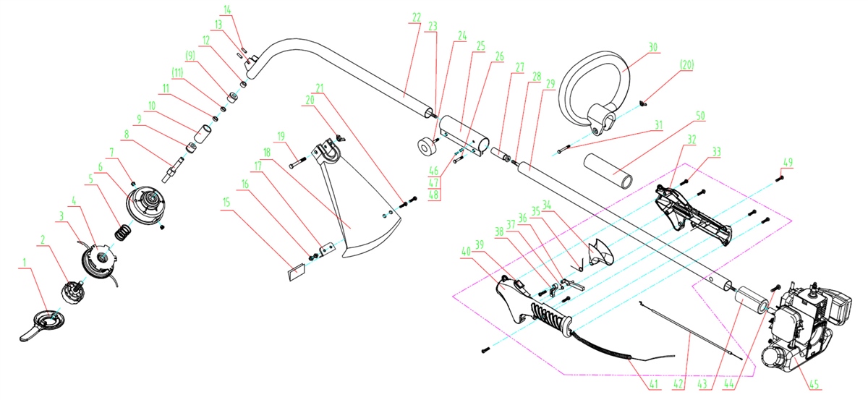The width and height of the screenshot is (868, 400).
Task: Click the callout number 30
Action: point(653,46)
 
